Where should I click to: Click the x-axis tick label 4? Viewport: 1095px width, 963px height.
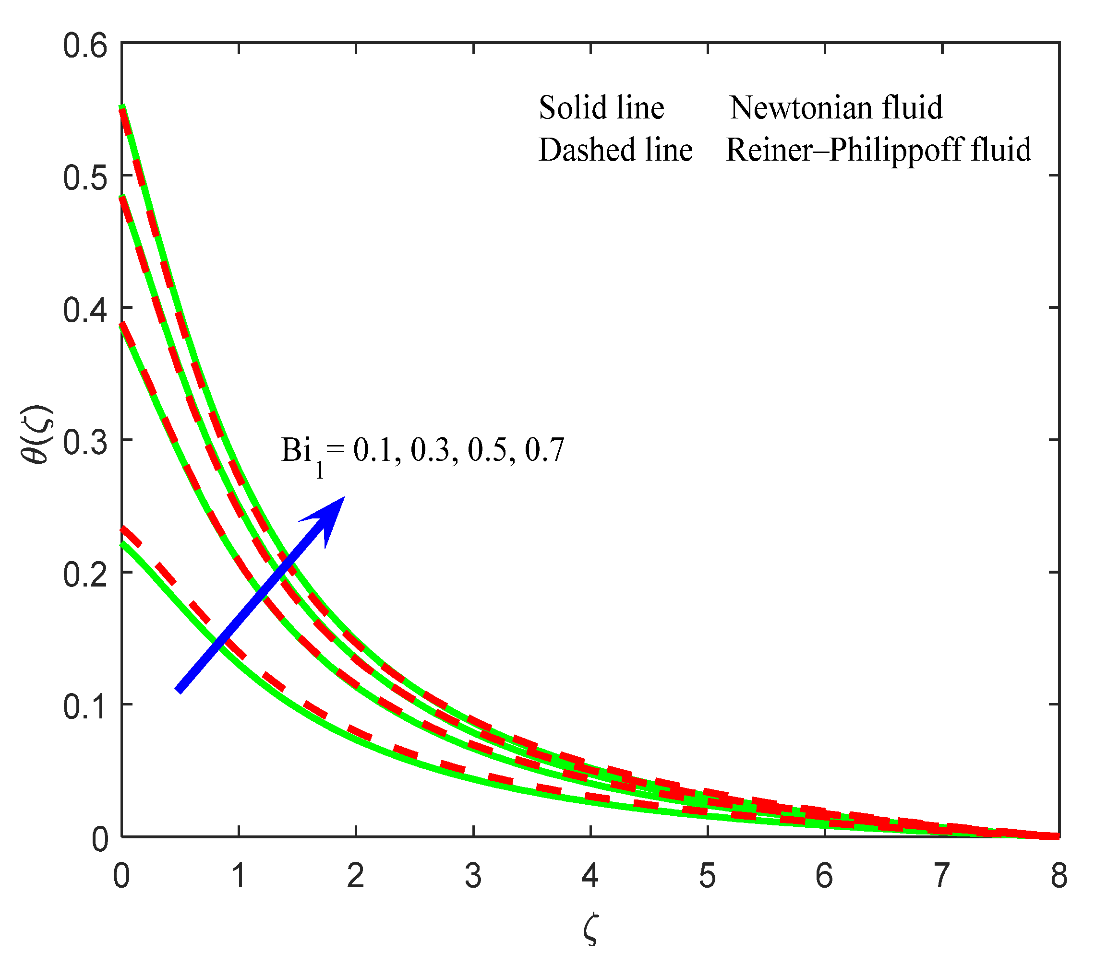(590, 876)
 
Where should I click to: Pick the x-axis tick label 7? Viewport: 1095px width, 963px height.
(942, 876)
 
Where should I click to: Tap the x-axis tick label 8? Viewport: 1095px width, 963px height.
(1059, 876)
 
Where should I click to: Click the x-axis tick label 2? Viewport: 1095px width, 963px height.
(356, 876)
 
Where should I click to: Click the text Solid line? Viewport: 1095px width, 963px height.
(601, 107)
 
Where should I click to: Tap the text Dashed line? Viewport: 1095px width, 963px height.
(615, 150)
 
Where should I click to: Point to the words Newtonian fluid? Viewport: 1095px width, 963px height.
(836, 107)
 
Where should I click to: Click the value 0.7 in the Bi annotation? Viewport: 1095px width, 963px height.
(544, 450)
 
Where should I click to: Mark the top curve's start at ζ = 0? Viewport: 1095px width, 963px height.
(122, 107)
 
